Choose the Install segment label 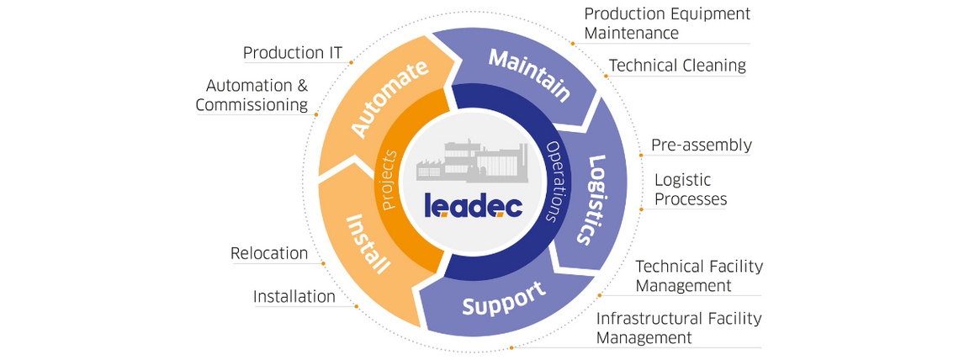click(368, 244)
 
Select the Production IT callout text click(293, 53)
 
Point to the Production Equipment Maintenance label click(667, 24)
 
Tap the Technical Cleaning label click(677, 65)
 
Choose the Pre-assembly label click(702, 146)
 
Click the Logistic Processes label click(691, 189)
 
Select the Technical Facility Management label click(699, 276)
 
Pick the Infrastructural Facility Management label click(679, 328)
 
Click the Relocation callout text click(269, 253)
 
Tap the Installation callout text click(294, 296)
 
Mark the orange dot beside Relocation click(324, 263)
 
